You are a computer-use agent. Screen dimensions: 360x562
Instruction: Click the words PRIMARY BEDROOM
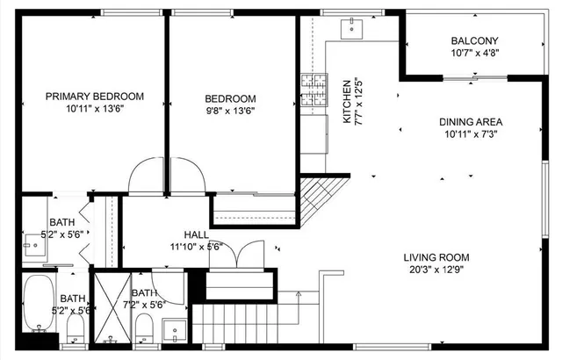coord(94,97)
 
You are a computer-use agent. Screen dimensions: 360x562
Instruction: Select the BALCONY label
coord(474,40)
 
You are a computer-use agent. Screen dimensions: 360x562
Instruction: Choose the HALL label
coord(196,234)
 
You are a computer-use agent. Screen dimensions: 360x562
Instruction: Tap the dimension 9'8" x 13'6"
coord(230,111)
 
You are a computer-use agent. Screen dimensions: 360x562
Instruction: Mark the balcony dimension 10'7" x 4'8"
coord(474,53)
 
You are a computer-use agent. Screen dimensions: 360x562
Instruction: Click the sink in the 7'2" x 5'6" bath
coord(175,333)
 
